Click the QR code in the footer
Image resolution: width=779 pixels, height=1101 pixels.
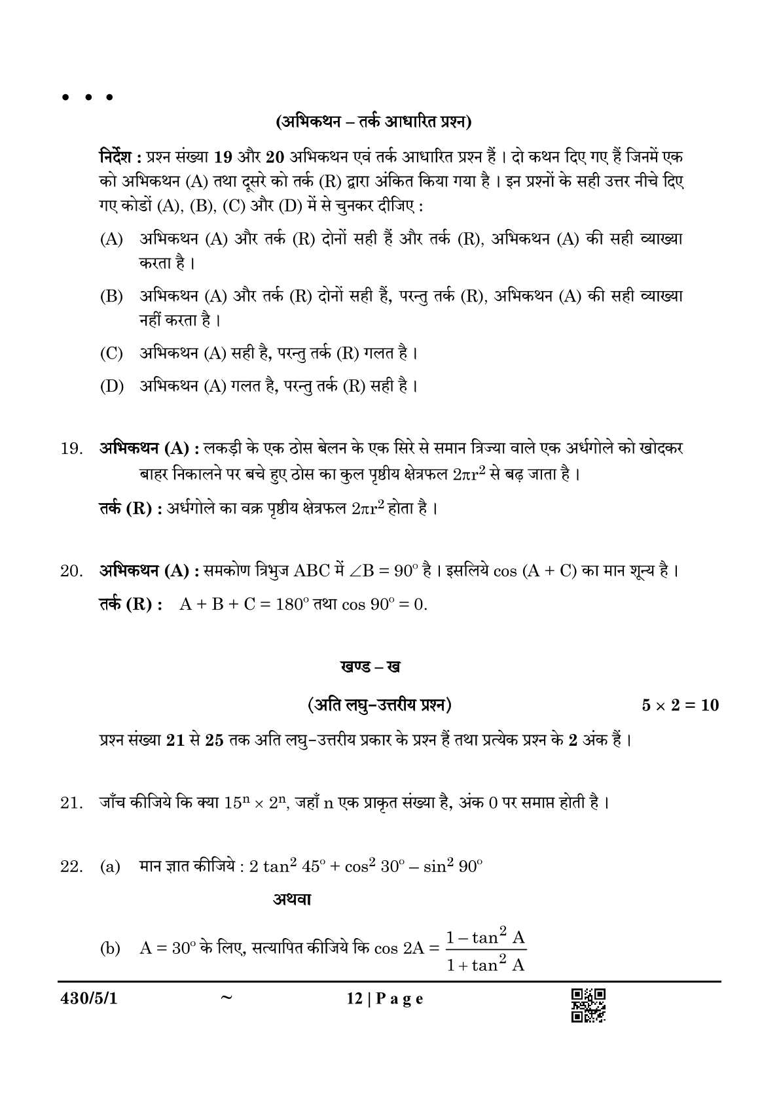pyautogui.click(x=588, y=1005)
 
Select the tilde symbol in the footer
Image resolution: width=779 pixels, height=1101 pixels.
pyautogui.click(x=226, y=998)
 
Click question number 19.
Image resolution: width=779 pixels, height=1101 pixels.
pyautogui.click(x=71, y=449)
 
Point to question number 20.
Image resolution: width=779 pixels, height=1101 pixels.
pyautogui.click(x=71, y=571)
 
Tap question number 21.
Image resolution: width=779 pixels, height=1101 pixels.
pyautogui.click(x=71, y=802)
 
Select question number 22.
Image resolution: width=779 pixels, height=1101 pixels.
pyautogui.click(x=71, y=867)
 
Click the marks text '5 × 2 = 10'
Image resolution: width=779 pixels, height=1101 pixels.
pyautogui.click(x=680, y=705)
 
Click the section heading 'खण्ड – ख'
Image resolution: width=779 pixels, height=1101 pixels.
pyautogui.click(x=371, y=667)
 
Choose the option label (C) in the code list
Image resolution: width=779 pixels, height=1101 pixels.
pyautogui.click(x=111, y=354)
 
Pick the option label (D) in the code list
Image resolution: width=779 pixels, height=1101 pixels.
pyautogui.click(x=111, y=386)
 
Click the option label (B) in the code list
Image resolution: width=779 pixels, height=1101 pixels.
pyautogui.click(x=111, y=296)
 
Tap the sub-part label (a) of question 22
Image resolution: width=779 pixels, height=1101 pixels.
pyautogui.click(x=110, y=867)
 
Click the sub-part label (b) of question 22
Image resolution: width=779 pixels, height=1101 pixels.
pyautogui.click(x=110, y=949)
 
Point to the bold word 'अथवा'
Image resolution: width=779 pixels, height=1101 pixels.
pyautogui.click(x=291, y=900)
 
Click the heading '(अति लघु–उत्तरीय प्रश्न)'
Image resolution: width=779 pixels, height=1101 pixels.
pyautogui.click(x=379, y=705)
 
